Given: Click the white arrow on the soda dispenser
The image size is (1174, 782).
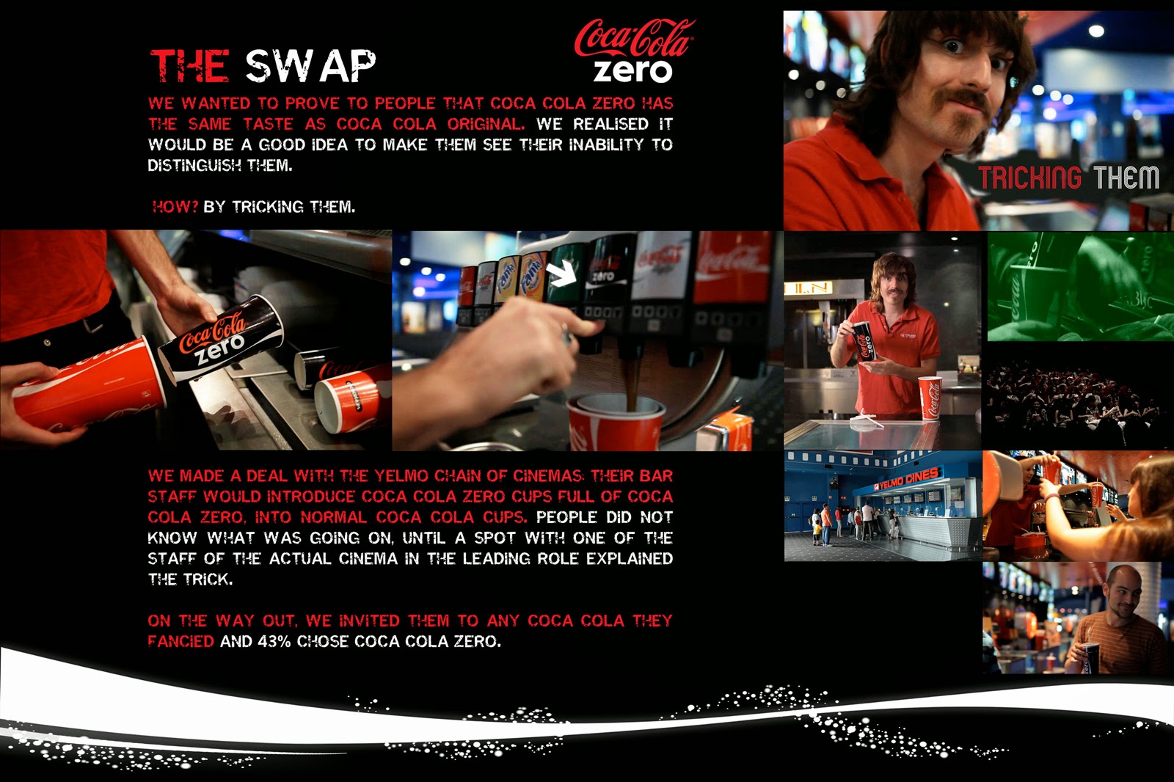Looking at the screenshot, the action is point(561,274).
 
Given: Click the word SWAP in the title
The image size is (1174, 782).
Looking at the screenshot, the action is point(311,67).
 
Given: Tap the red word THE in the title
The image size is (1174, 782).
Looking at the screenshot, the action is point(190,66).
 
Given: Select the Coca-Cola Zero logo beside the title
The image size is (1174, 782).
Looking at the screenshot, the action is point(634,51).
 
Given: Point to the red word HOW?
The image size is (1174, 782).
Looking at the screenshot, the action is point(175,207).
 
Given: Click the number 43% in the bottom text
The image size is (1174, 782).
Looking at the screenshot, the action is point(274,642).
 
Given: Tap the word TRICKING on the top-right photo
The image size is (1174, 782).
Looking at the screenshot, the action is point(1029,178).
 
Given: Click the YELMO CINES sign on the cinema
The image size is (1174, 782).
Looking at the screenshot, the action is point(907,479).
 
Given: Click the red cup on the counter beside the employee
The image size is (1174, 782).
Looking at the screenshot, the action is point(930,398).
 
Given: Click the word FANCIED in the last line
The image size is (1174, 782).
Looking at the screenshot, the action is point(181,642).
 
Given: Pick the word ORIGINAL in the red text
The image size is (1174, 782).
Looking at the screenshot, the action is point(485,124).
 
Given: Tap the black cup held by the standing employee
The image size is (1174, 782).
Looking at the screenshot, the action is point(863,341).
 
